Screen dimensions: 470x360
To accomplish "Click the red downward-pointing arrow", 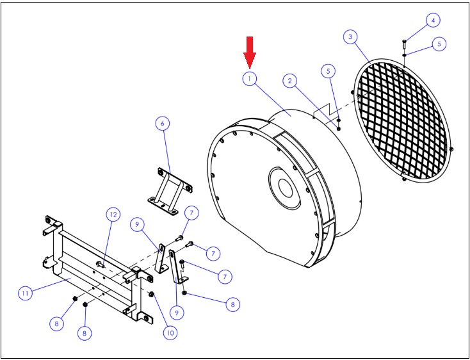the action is [x=249, y=53].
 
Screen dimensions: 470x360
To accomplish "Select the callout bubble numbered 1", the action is [x=249, y=79].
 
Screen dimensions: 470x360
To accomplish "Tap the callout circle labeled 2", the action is [x=290, y=81].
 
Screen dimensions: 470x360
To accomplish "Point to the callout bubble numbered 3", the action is [x=350, y=37].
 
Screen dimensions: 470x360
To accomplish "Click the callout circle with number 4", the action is [x=433, y=20].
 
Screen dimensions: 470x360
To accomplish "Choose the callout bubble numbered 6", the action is [x=163, y=123].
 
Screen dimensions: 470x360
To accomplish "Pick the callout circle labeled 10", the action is [x=170, y=332].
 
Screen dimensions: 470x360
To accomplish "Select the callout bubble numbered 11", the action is [x=25, y=293].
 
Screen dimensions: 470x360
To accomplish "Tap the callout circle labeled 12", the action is [x=113, y=215].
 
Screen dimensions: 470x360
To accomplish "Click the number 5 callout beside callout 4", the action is [x=439, y=44].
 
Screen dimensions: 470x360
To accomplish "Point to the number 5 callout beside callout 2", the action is [x=328, y=71].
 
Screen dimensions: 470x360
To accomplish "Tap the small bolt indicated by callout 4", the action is [x=404, y=45].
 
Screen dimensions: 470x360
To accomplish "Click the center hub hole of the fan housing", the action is [x=286, y=188].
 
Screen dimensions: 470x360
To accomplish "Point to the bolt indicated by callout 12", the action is [x=100, y=264].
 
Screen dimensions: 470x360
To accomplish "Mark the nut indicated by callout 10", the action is [x=151, y=294].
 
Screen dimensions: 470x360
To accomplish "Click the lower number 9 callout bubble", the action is [x=177, y=313].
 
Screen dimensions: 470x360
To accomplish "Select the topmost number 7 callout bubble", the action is [x=191, y=213].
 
